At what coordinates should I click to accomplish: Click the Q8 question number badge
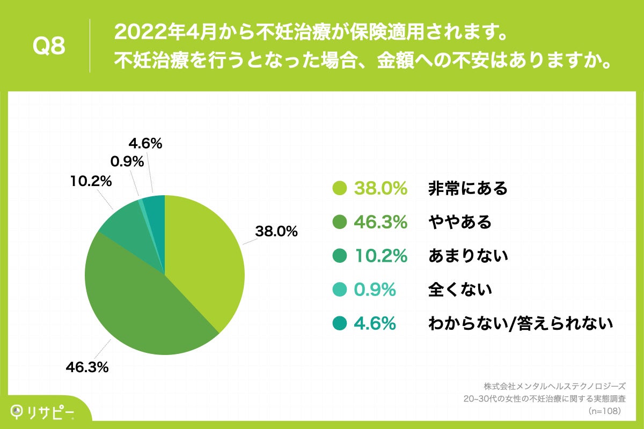(x=49, y=47)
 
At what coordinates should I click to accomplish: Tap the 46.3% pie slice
(x=140, y=300)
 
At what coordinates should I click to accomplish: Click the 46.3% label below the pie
(x=87, y=367)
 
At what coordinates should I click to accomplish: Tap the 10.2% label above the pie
(x=91, y=182)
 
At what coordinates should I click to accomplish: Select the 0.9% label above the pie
(x=127, y=161)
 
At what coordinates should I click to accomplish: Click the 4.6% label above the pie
(x=145, y=144)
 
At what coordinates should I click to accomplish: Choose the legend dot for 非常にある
(x=339, y=189)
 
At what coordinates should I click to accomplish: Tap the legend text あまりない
(x=467, y=256)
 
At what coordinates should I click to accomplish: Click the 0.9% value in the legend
(x=375, y=290)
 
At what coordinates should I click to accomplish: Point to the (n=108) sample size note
(x=604, y=411)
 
